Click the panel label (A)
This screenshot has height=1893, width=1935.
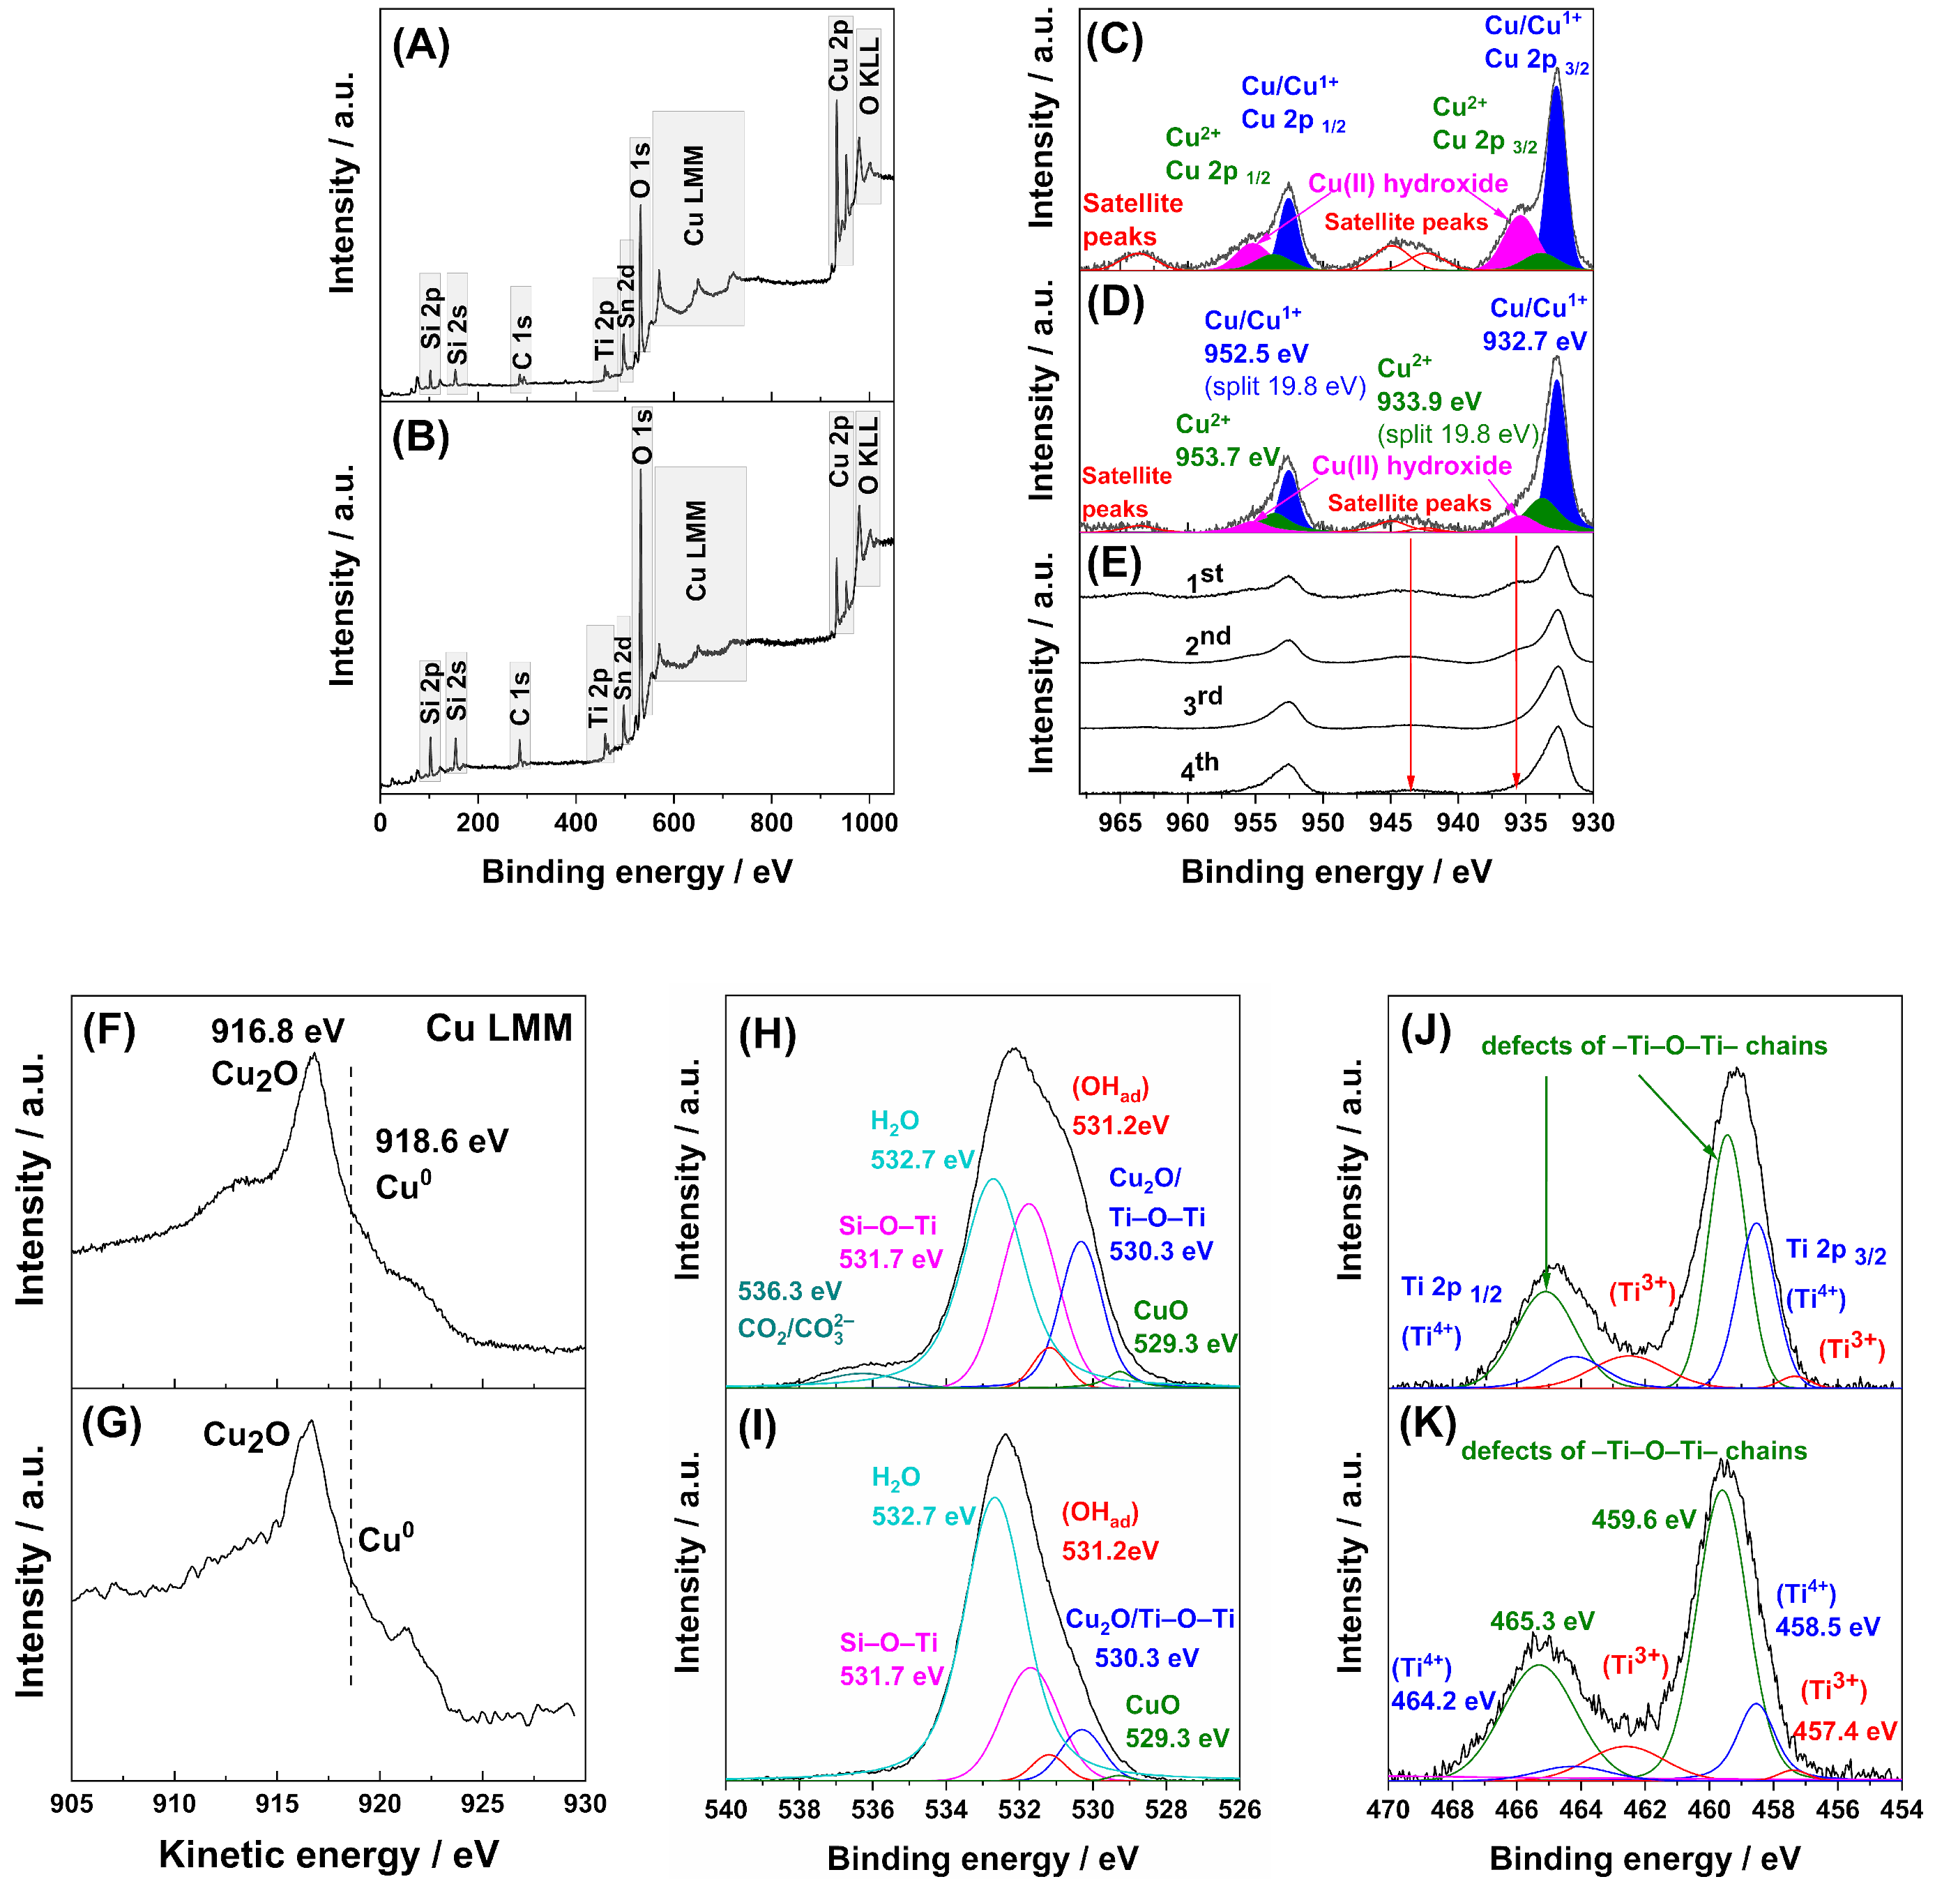[421, 47]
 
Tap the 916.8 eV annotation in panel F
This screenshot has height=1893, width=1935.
[278, 1031]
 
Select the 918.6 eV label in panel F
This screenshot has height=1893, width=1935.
[441, 1140]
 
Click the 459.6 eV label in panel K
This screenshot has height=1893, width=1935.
[1643, 1519]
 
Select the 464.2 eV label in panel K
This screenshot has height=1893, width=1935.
[1442, 1701]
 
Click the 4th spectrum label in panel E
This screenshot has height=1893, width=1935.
[1199, 767]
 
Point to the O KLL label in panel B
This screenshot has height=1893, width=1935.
[867, 455]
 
